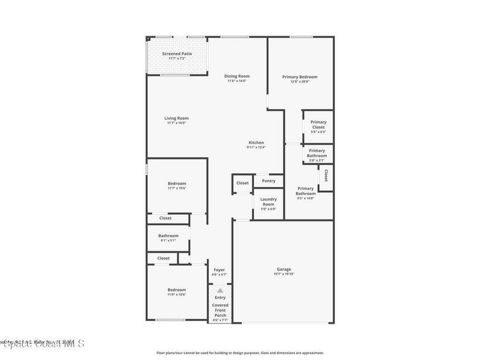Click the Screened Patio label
pos(177,54)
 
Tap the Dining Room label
pos(237,76)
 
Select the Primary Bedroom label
pos(300,77)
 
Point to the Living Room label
pos(176,118)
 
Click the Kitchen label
pos(256,142)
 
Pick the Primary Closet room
pos(318,127)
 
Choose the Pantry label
pos(269,181)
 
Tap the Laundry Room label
pos(269,202)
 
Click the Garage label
pos(284,269)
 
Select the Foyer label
pos(219,270)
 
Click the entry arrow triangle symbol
pos(220,291)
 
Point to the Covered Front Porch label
pos(220,310)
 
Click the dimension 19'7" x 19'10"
pos(284,274)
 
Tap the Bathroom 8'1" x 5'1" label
pos(168,236)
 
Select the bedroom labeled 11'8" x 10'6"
pos(177,290)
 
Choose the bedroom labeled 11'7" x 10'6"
pos(177,183)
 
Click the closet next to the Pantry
pos(242,183)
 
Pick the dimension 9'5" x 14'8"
pos(306,198)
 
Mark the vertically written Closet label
pos(326,175)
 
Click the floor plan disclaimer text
pos(240,353)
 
